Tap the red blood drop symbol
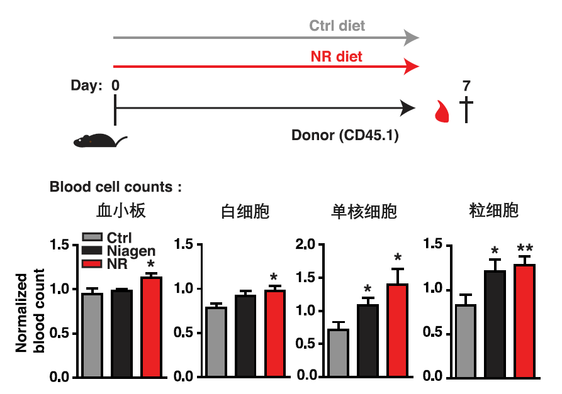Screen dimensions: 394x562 444,111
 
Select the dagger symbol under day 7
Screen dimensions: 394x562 466,110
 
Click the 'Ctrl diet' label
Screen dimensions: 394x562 337,26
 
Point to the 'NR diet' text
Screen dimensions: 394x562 337,57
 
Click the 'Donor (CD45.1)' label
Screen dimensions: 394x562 345,135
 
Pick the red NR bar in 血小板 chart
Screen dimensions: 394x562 151,327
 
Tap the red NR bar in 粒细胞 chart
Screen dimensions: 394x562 525,320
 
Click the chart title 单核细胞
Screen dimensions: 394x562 364,212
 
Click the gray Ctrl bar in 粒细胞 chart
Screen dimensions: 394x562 466,340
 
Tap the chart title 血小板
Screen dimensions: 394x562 121,211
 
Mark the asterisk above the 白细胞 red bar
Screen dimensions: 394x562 273,277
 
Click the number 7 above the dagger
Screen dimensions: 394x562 466,85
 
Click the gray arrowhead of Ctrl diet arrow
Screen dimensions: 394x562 412,37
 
